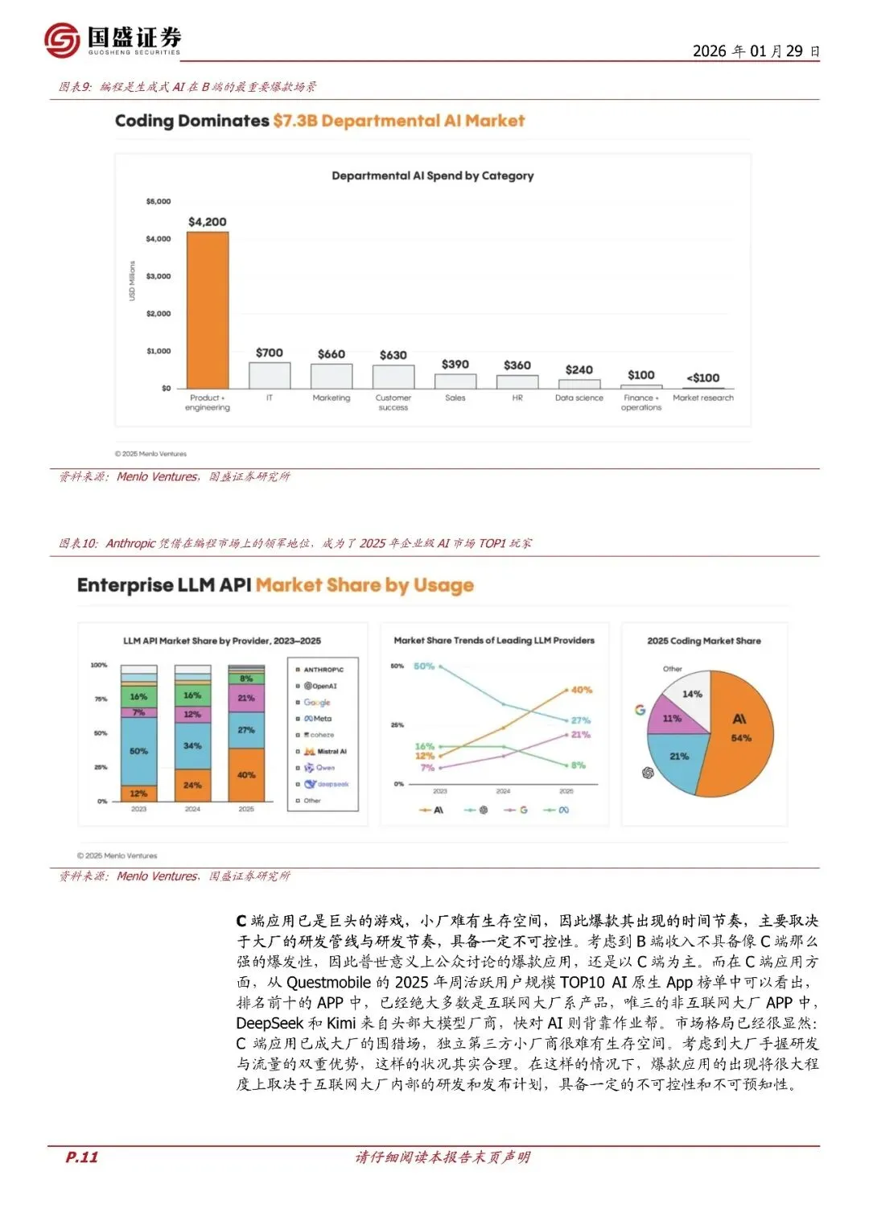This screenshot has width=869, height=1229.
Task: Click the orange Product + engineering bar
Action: tap(208, 310)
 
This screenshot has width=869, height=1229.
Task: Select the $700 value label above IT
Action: tap(270, 353)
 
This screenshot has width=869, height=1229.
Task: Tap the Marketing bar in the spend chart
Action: tap(332, 376)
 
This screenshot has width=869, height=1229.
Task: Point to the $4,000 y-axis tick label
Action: tap(159, 239)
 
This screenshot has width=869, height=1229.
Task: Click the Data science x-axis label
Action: tap(579, 398)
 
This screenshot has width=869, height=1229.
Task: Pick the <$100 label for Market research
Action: tap(702, 377)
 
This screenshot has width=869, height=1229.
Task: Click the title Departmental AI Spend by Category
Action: tap(432, 175)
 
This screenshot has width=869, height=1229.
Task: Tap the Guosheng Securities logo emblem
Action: tap(62, 39)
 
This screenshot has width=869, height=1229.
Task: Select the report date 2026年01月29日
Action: tap(756, 51)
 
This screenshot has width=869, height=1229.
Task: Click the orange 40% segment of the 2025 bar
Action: tap(246, 775)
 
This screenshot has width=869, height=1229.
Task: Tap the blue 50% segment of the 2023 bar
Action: tap(138, 751)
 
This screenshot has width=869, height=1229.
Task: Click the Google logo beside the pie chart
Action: tap(640, 710)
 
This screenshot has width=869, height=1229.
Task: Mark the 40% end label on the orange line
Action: tap(582, 690)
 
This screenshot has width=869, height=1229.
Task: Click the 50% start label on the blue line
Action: tap(424, 666)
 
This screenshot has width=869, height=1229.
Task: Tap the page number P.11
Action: tap(81, 1157)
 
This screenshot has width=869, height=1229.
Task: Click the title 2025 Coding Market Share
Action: tap(704, 641)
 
